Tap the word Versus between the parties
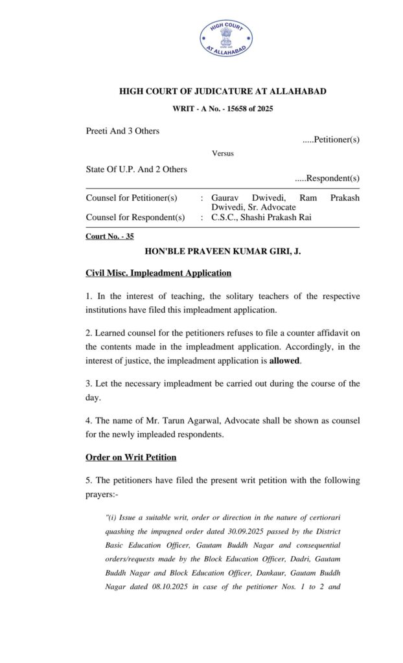click(x=222, y=153)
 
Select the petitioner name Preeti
click(x=97, y=131)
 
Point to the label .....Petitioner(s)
click(x=331, y=139)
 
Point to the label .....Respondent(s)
click(x=327, y=178)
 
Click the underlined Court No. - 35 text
click(x=109, y=236)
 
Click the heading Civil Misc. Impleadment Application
click(x=158, y=273)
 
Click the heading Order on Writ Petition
click(x=131, y=457)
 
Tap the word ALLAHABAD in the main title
click(x=295, y=91)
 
